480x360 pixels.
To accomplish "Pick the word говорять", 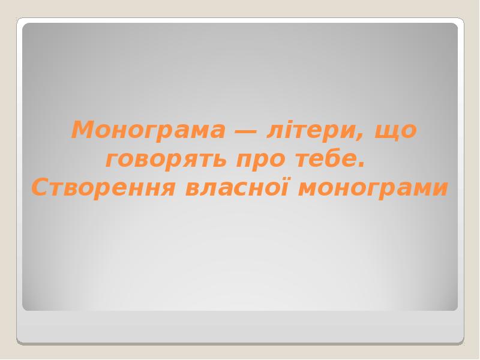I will (165, 160).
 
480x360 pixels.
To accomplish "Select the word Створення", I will (103, 188).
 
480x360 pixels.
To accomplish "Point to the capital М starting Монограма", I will (82, 130).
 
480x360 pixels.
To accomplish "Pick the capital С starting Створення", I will (39, 188).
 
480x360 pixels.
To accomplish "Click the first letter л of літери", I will (274, 131).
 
